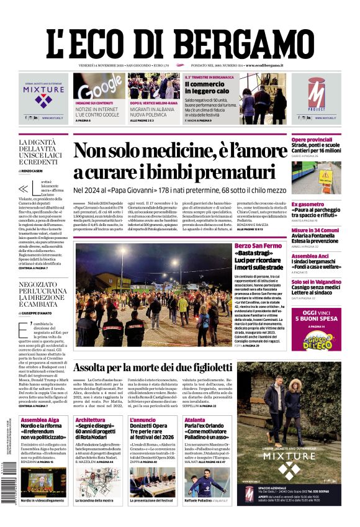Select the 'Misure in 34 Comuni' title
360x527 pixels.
(315, 230)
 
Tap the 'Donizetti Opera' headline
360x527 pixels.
(148, 426)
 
